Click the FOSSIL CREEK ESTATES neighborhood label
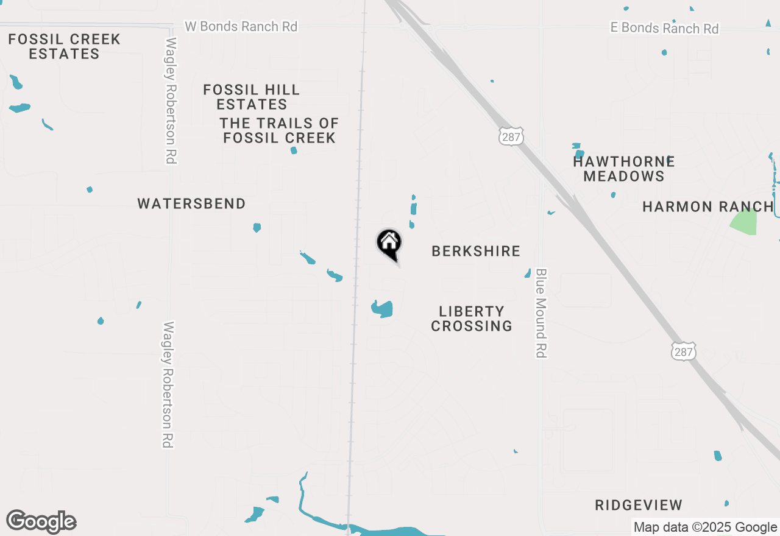[x=64, y=47]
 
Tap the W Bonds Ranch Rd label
[x=241, y=27]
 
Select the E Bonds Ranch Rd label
[x=665, y=28]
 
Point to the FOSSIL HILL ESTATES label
[x=252, y=97]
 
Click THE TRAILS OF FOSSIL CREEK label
[x=279, y=131]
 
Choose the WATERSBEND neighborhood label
[x=191, y=204]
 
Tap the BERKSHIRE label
[x=476, y=251]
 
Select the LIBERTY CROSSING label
[x=472, y=319]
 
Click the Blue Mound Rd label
[x=541, y=313]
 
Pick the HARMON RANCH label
[x=707, y=206]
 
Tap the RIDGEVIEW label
[x=639, y=505]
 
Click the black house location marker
[x=389, y=244]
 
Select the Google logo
[x=41, y=521]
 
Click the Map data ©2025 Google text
[x=705, y=527]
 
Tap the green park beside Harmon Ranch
[x=745, y=222]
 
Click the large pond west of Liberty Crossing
[x=383, y=309]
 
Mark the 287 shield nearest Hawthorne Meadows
[x=511, y=136]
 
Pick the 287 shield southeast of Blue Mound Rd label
[x=684, y=351]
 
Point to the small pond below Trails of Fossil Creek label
[x=294, y=150]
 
